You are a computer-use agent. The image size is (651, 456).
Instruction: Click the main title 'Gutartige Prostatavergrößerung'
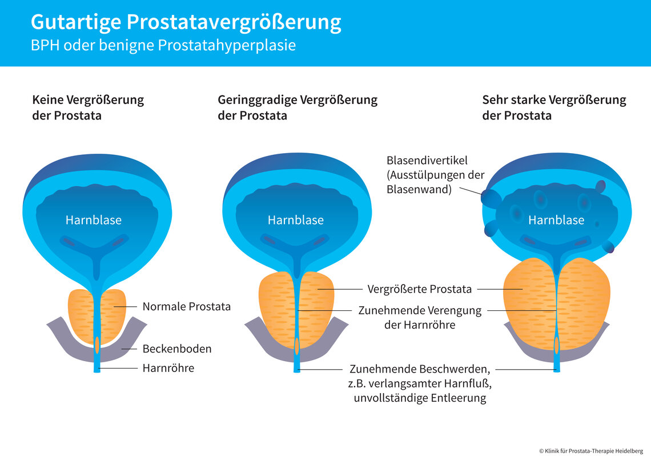pos(186,22)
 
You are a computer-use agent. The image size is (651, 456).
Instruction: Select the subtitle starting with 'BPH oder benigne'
pos(163,46)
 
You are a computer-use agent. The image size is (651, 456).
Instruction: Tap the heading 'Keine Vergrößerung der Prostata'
pos(88,107)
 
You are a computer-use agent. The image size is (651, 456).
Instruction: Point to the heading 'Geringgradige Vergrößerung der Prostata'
pos(298,107)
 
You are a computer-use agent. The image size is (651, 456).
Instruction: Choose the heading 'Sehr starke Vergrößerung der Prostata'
pos(554,107)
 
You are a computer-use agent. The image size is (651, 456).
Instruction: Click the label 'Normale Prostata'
pos(186,307)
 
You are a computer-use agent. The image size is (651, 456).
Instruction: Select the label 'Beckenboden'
pos(177,349)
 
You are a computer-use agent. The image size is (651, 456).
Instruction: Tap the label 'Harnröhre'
pos(168,369)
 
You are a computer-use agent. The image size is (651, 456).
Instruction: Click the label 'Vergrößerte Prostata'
pos(419,289)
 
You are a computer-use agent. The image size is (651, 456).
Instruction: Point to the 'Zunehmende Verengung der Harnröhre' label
pos(420,318)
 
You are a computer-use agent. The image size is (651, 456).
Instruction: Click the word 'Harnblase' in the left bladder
pos(93,220)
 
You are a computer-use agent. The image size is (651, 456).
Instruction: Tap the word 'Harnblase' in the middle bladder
pos(295,220)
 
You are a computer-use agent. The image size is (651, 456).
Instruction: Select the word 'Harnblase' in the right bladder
pos(556,220)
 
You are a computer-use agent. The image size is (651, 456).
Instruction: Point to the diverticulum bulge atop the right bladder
pos(600,187)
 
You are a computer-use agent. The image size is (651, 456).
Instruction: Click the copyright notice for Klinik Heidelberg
pos(591,450)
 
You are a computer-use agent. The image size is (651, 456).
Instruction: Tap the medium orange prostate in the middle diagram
pos(274,309)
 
